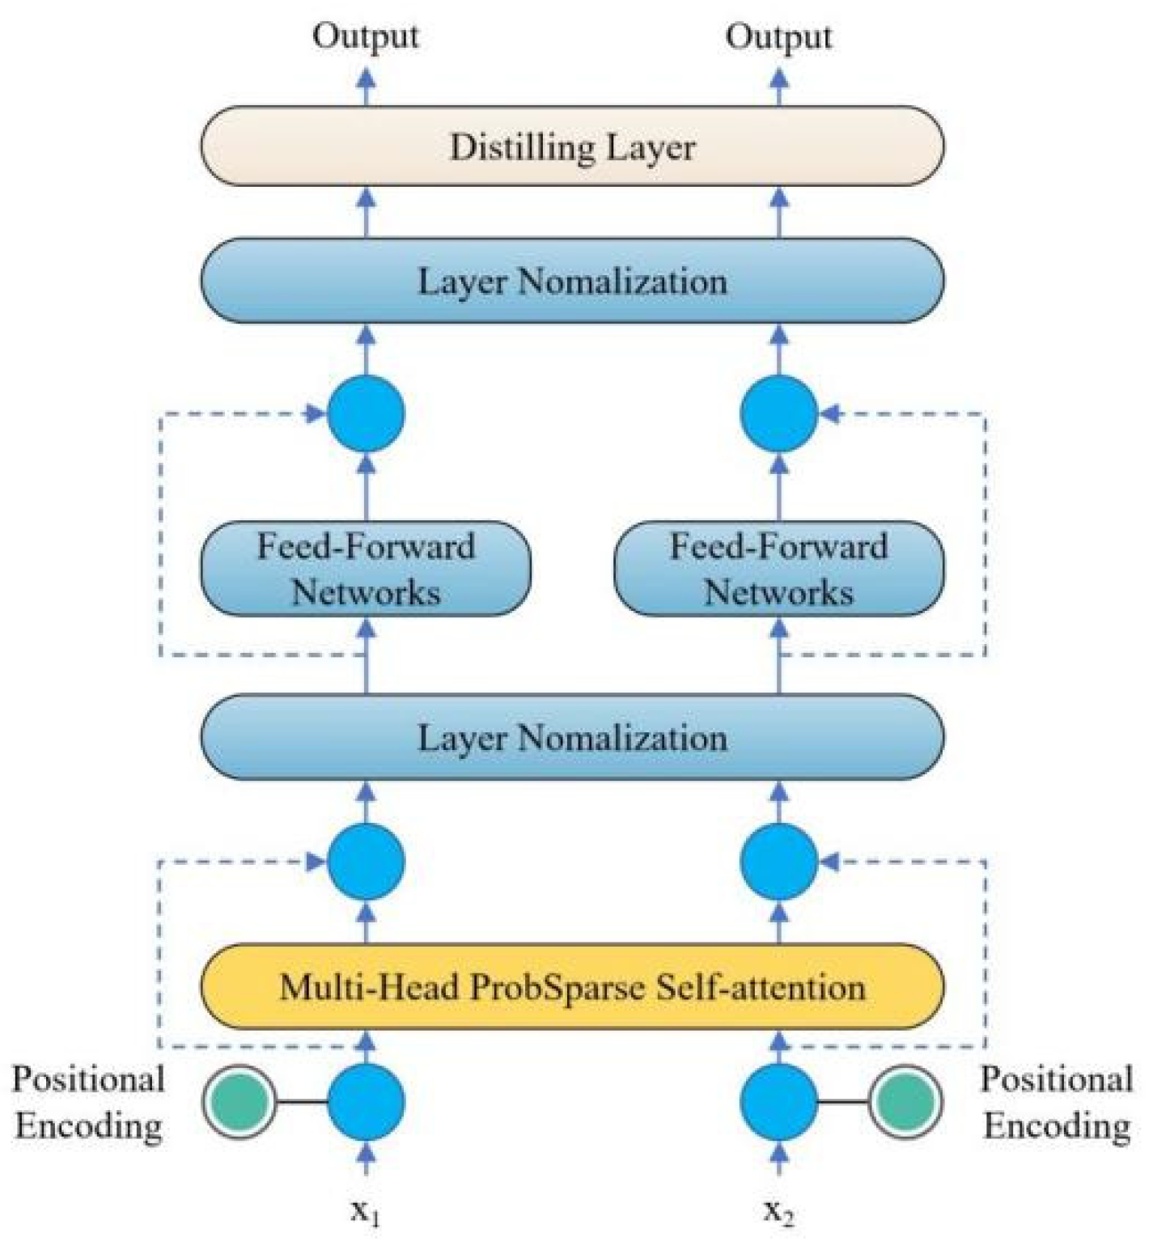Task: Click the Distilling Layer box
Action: (571, 147)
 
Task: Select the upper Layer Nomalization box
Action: (571, 282)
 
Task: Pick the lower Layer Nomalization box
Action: (571, 738)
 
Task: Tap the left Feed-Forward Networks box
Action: (366, 569)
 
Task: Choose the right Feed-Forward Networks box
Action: (778, 569)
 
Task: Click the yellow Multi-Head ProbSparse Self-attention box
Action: (571, 987)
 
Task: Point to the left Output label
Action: (366, 36)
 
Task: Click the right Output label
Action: (778, 36)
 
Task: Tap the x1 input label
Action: (366, 1212)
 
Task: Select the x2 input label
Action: (778, 1212)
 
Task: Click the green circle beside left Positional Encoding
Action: (239, 1101)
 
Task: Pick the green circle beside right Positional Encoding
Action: (905, 1101)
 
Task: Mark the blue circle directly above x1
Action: (366, 1101)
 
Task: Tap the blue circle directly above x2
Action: (778, 1101)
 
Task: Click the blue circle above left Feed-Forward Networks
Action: (366, 413)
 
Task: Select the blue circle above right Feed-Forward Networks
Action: (778, 413)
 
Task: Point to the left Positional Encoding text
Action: (88, 1102)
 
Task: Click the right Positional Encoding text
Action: (1057, 1102)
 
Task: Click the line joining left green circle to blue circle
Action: (301, 1102)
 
